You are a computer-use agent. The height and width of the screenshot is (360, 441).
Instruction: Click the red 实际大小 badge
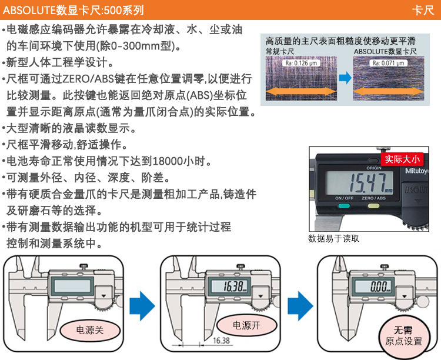coord(402,159)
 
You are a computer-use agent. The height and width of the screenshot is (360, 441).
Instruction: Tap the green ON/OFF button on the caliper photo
coord(344,206)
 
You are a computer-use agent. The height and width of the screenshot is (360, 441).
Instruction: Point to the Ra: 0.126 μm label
coord(301,63)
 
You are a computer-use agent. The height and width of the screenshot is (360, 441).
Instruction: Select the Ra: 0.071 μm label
coord(389,63)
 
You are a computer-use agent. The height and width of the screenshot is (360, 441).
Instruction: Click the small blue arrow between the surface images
coord(345,78)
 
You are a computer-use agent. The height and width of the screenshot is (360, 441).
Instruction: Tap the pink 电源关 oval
coord(90,330)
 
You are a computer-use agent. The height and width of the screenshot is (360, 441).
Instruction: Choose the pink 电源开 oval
coord(246,325)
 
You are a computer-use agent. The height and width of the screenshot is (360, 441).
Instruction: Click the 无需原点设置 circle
coord(404,335)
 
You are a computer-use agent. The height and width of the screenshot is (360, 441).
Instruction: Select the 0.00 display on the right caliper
coord(378,286)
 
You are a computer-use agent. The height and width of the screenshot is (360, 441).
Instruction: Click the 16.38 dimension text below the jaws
coord(221,341)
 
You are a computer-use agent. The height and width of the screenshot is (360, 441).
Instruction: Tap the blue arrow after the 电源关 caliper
coord(142,306)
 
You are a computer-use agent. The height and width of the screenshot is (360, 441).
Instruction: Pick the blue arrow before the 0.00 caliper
coord(300,306)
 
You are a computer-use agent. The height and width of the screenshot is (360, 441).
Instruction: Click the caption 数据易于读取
coord(334,238)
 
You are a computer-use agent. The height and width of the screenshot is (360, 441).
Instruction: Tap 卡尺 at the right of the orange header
coord(423,11)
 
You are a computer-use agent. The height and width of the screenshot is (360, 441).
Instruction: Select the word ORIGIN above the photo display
coord(374,168)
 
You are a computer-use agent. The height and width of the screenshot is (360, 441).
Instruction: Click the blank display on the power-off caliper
coord(72,286)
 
